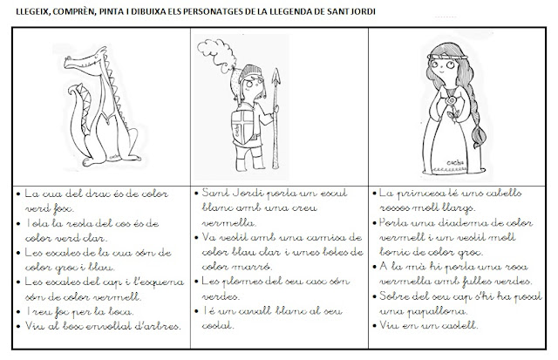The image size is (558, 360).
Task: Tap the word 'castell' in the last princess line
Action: coord(458,326)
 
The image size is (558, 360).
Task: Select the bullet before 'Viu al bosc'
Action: coord(18,327)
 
